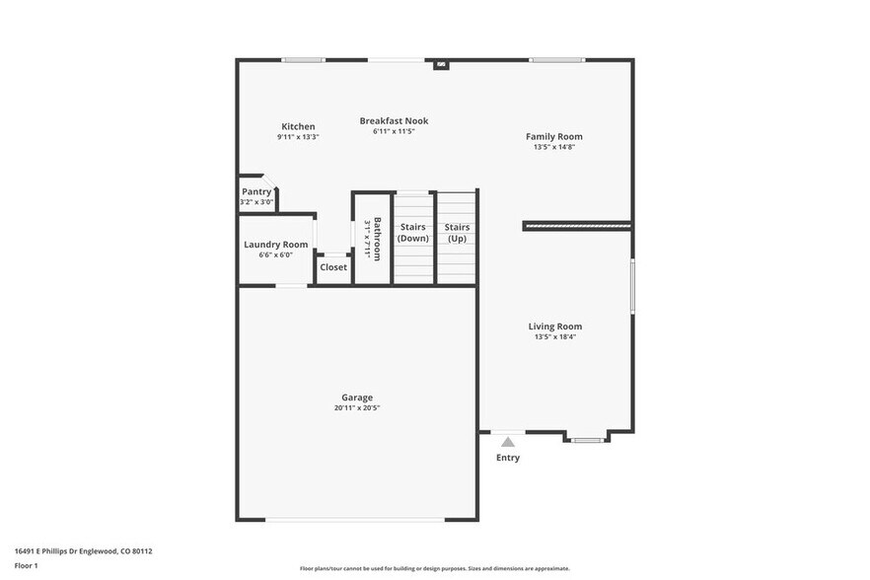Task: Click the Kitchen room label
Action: click(x=298, y=126)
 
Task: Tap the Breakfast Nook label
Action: click(x=394, y=121)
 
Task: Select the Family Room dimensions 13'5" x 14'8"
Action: click(x=553, y=147)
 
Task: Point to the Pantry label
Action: click(x=256, y=191)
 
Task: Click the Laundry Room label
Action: click(x=276, y=245)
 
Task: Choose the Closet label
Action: click(x=333, y=267)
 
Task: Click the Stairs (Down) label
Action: click(x=413, y=233)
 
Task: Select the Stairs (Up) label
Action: click(x=457, y=233)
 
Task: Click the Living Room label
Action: click(x=555, y=326)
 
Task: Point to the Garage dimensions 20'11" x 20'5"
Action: click(x=357, y=407)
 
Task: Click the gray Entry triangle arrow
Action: click(x=508, y=442)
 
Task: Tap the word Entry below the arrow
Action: click(x=508, y=458)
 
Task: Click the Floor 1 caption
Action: click(x=26, y=565)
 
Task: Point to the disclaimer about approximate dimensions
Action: click(x=435, y=568)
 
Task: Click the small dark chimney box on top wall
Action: click(x=441, y=65)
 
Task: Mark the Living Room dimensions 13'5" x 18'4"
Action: click(x=555, y=337)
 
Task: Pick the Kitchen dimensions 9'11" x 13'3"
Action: click(x=298, y=137)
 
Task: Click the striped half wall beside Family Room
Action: click(x=577, y=226)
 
